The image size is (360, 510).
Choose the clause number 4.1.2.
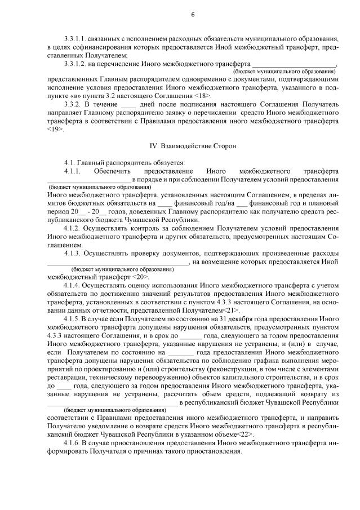pyautogui.click(x=74, y=228)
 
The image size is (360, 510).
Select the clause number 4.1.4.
pyautogui.click(x=74, y=286)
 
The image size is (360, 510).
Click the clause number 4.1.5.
pyautogui.click(x=74, y=319)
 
